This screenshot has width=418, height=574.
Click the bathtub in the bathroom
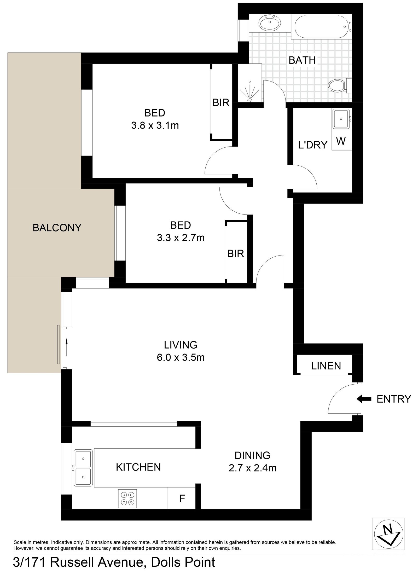pyautogui.click(x=323, y=27)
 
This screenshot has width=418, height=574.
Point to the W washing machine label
pyautogui.click(x=341, y=141)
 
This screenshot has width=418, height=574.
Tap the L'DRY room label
pyautogui.click(x=313, y=145)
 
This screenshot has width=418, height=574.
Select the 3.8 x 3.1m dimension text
pyautogui.click(x=155, y=126)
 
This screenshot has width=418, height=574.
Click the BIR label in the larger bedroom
pyautogui.click(x=221, y=103)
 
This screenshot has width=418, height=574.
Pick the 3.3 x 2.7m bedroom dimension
pyautogui.click(x=181, y=238)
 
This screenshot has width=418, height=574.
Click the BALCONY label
pyautogui.click(x=57, y=228)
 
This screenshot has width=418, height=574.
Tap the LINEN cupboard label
pyautogui.click(x=326, y=366)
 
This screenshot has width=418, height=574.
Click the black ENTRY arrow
pyautogui.click(x=364, y=399)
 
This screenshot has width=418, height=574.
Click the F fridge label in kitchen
pyautogui.click(x=182, y=498)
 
